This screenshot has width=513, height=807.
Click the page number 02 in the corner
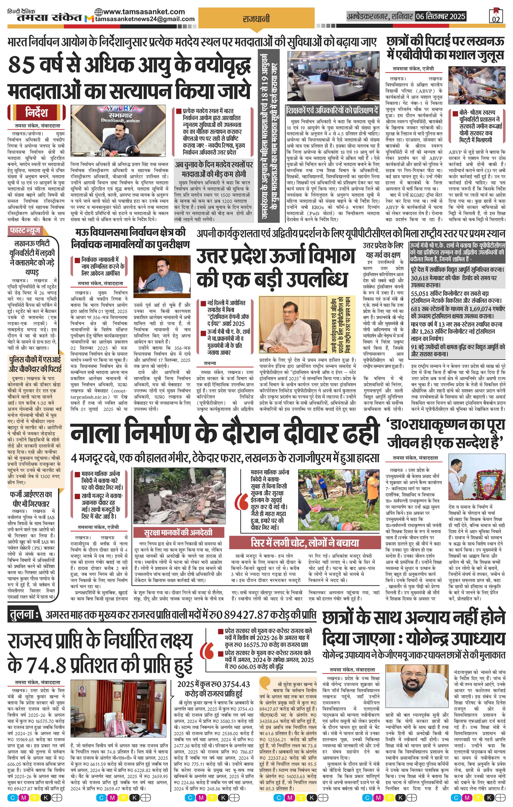tap(496, 19)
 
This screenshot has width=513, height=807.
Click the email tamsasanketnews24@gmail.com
tap(145, 19)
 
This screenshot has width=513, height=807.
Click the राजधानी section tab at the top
tap(256, 19)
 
